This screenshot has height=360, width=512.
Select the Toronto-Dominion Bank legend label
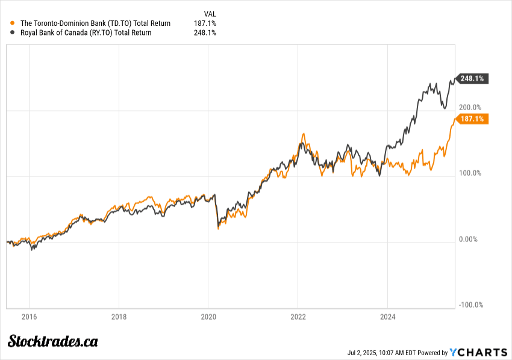(95, 23)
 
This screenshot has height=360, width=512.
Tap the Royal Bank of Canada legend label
(86, 33)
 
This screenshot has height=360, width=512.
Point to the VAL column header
(210, 13)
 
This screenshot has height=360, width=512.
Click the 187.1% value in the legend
(205, 23)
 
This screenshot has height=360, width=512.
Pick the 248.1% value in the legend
(205, 33)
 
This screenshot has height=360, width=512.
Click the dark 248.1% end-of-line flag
(472, 78)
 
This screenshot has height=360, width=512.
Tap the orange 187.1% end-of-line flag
(472, 119)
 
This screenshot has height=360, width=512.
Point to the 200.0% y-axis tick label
(470, 107)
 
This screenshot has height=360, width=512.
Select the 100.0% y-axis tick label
(470, 173)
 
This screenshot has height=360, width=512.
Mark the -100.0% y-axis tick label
(470, 305)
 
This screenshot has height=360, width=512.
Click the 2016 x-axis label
(29, 317)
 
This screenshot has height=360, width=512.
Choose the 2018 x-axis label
(119, 317)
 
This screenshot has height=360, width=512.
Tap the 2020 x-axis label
(208, 317)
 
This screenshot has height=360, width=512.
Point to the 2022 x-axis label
(299, 317)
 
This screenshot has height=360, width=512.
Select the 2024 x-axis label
(388, 317)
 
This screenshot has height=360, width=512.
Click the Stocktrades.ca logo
(52, 341)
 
